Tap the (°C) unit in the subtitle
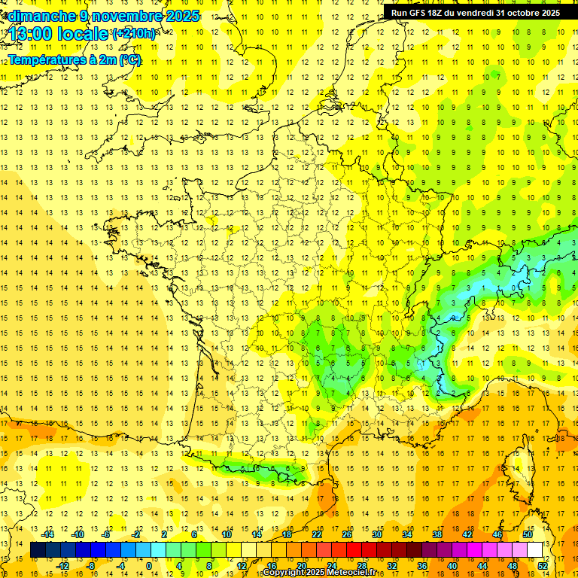coord(129,59)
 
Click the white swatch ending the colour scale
coord(535,550)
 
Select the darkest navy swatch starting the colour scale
coord(38,550)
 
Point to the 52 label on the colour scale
coord(542,565)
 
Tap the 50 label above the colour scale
coord(527,534)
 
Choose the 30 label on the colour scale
coord(376,534)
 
